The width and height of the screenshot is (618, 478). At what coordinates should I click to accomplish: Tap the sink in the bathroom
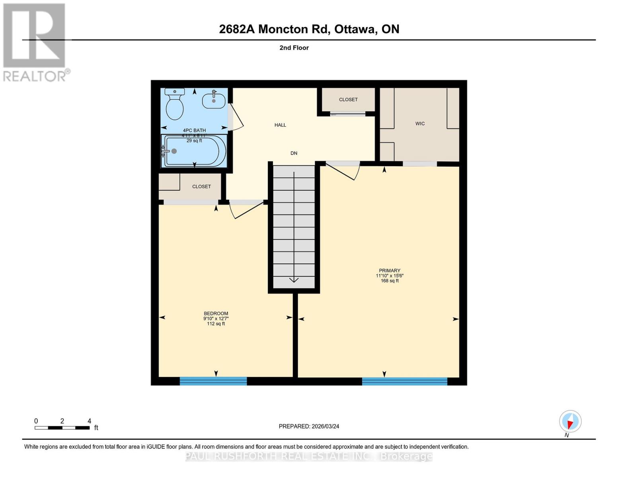click(214, 100)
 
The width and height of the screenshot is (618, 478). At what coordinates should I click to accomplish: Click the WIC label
click(420, 123)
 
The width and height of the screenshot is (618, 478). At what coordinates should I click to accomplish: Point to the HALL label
click(280, 125)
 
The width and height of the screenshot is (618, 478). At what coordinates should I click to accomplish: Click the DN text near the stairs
click(294, 153)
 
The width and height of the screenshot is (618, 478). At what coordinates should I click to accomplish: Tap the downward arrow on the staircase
click(294, 279)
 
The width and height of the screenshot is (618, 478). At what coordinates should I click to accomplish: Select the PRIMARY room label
click(390, 270)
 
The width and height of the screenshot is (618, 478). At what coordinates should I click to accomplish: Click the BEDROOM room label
click(216, 313)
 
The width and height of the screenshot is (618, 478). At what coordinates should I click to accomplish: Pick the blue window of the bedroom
click(213, 381)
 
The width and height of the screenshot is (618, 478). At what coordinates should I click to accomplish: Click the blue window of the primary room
click(404, 381)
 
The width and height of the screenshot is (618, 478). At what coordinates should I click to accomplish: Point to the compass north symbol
click(570, 421)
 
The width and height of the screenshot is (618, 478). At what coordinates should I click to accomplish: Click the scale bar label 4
click(89, 421)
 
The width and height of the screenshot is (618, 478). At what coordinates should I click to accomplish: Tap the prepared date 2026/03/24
click(309, 426)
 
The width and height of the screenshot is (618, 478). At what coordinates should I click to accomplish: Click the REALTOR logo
click(35, 42)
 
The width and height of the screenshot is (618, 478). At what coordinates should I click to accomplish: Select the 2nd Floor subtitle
click(294, 48)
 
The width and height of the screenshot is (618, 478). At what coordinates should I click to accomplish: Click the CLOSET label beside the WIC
click(348, 100)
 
